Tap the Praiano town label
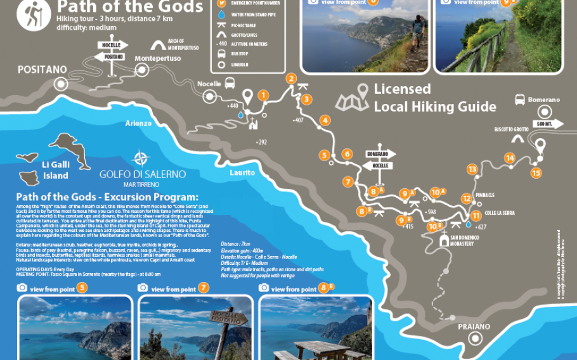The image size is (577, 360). click(x=474, y=326)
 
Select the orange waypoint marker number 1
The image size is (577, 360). click(x=263, y=96)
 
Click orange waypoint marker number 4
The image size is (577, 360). click(x=325, y=120)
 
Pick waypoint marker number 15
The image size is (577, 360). click(x=536, y=172)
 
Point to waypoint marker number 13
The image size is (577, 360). click(x=472, y=169)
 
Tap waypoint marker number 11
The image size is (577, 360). click(x=476, y=215)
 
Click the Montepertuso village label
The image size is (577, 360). click(x=158, y=58)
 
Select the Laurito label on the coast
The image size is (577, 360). click(x=242, y=172)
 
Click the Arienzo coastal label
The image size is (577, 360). click(x=138, y=123)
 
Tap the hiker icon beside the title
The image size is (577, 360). click(x=29, y=15)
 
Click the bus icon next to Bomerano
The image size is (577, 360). click(x=519, y=100)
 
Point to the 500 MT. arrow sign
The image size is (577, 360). click(x=549, y=123)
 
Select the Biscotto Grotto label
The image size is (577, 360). click(x=512, y=129)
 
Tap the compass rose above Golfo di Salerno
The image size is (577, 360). click(x=141, y=158)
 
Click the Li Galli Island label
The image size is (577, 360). click(x=55, y=170)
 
